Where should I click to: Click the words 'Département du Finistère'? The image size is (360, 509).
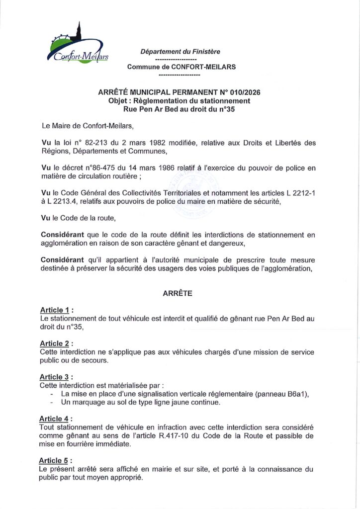(180, 51)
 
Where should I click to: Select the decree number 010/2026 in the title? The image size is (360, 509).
(243, 92)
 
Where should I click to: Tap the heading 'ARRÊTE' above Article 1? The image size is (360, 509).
(178, 294)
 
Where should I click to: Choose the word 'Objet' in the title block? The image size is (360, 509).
(119, 101)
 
